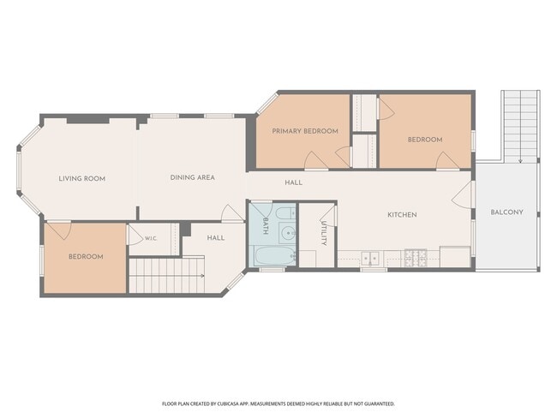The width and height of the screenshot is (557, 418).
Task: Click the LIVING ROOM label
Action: (x=82, y=179)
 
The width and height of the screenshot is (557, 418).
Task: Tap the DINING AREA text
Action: (x=193, y=177)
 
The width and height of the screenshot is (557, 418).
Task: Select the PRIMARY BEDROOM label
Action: (x=305, y=131)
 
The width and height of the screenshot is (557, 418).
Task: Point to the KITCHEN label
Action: (x=402, y=215)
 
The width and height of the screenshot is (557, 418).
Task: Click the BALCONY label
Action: (x=507, y=212)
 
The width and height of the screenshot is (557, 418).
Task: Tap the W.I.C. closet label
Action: (x=151, y=239)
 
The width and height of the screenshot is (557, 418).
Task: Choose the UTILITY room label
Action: (x=324, y=233)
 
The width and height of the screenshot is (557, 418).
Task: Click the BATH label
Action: (x=265, y=226)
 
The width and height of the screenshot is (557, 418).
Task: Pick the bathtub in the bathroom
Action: (x=274, y=256)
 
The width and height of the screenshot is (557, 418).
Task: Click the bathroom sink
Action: (x=287, y=233)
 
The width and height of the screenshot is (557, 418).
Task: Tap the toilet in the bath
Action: (x=285, y=213)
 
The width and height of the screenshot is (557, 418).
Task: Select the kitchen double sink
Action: (x=370, y=258)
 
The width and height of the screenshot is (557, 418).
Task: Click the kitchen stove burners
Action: (x=416, y=258)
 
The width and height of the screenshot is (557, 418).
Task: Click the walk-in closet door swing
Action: (x=135, y=235)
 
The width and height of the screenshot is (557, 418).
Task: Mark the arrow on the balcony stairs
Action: (x=520, y=127)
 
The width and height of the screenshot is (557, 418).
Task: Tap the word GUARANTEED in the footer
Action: (x=381, y=403)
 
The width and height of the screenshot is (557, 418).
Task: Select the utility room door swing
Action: (x=328, y=216)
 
